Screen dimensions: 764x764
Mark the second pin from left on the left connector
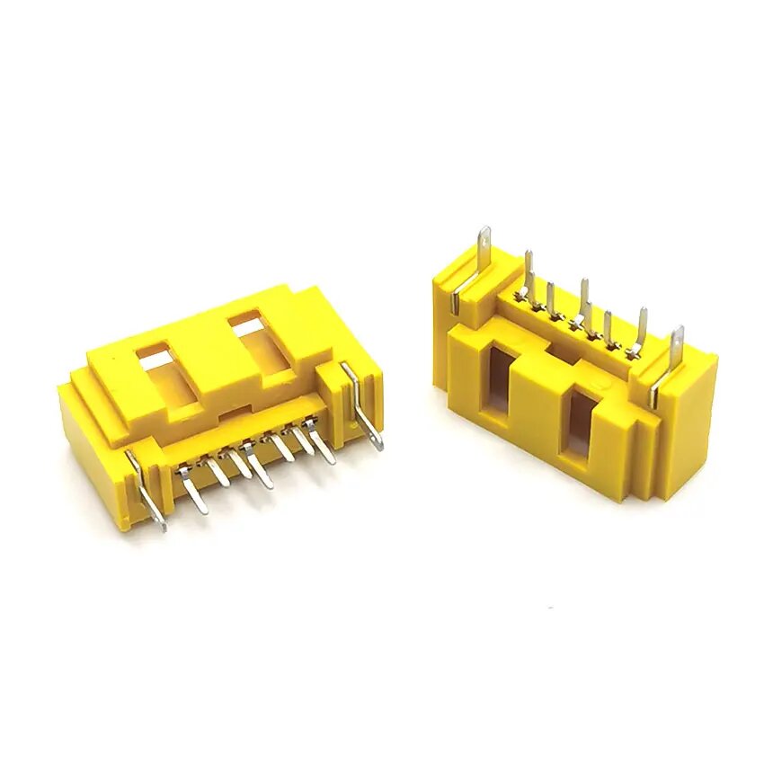(218, 474)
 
